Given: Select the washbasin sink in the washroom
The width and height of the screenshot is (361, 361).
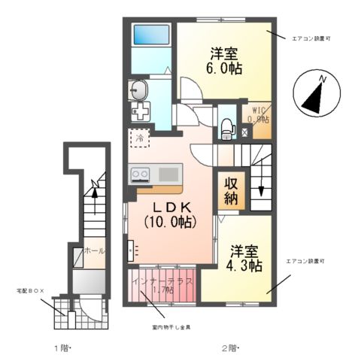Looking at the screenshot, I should (x=140, y=91).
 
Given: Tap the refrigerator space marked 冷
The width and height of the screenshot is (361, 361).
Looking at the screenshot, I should (x=139, y=138).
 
